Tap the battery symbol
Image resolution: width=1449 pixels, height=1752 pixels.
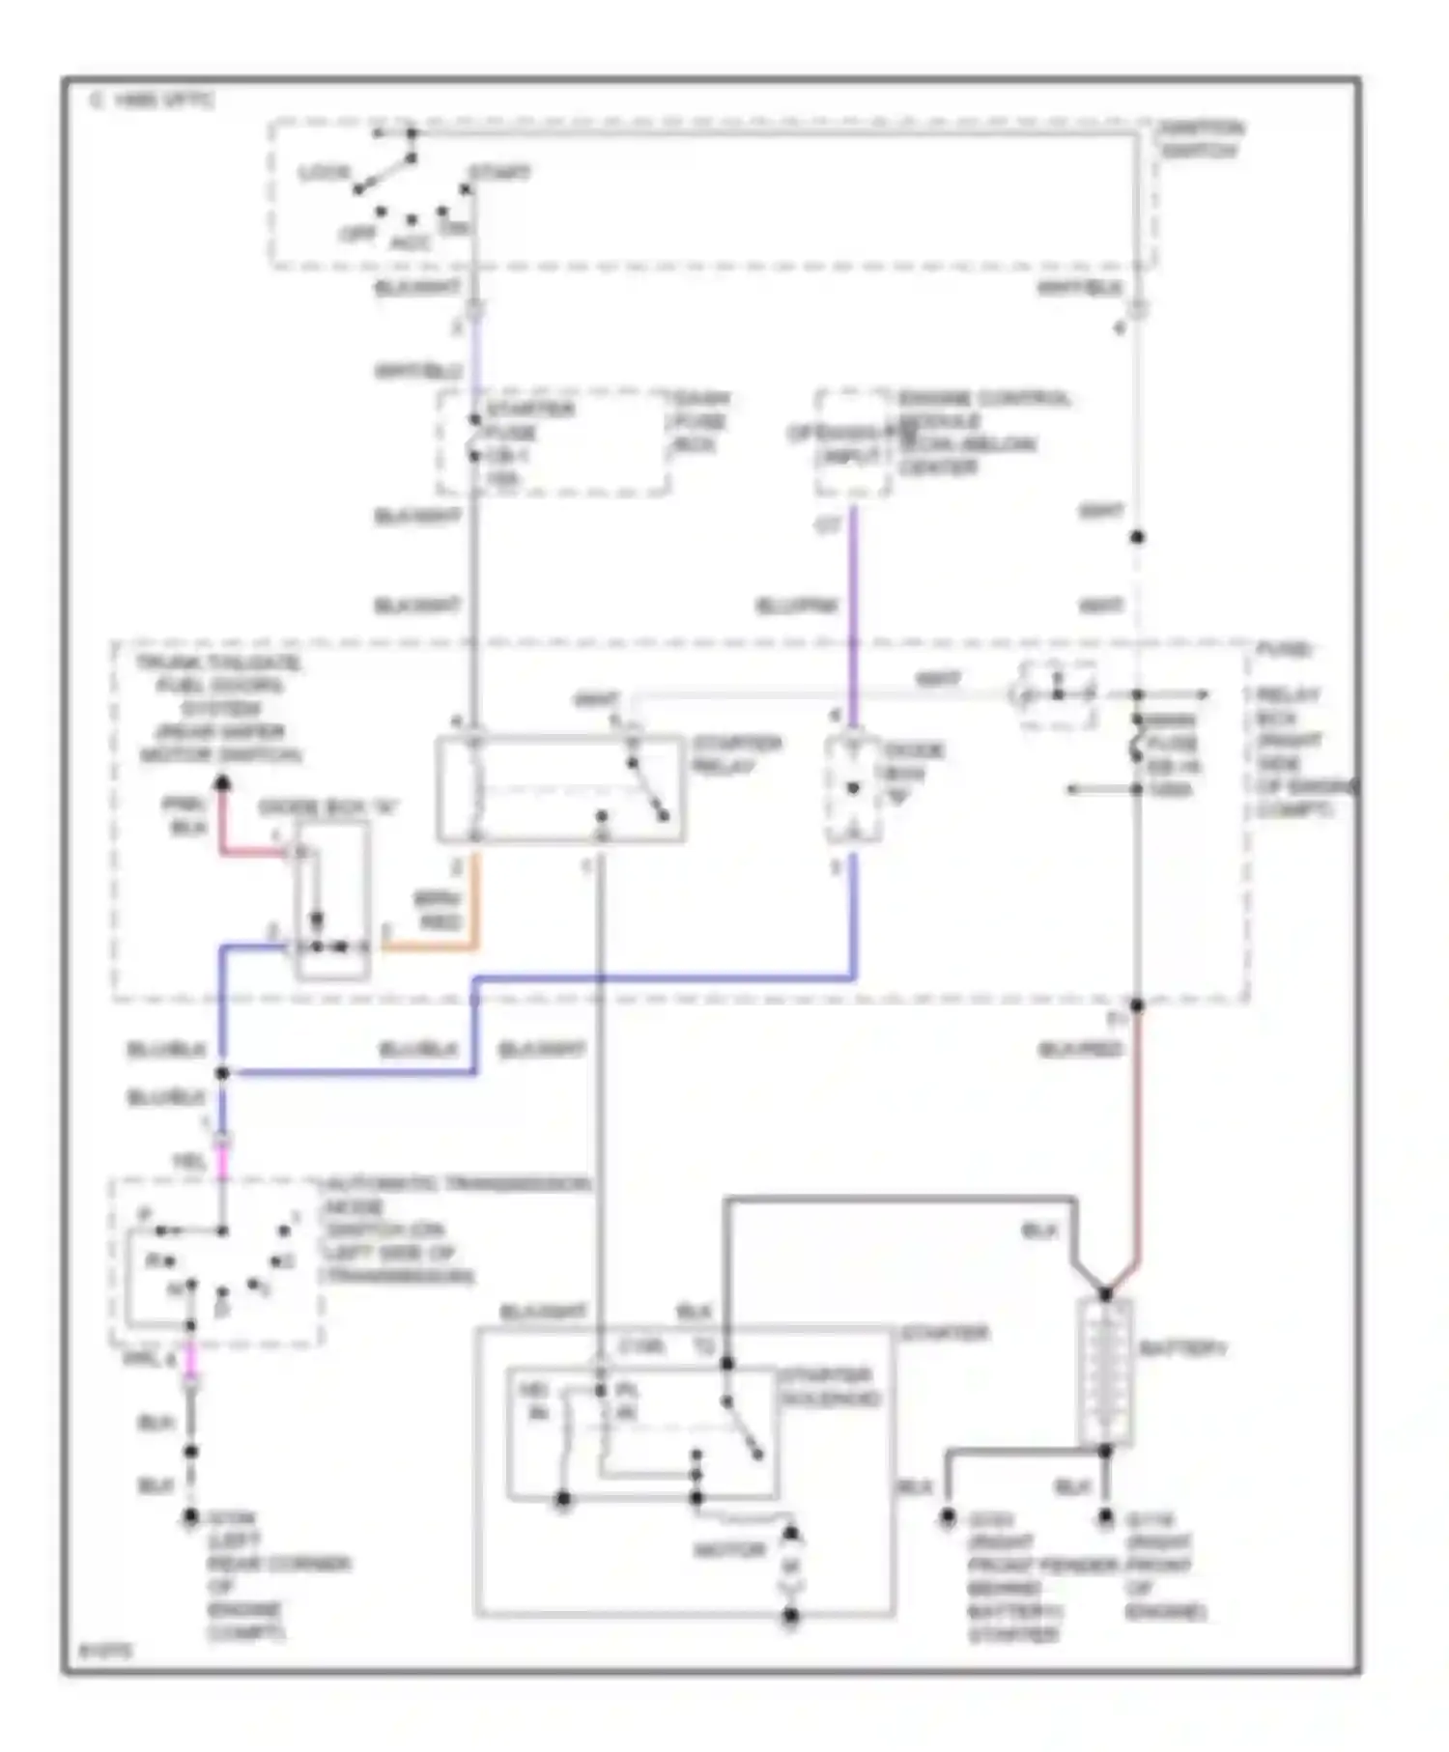[x=1104, y=1371]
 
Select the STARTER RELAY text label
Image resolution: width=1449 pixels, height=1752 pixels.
[x=736, y=754]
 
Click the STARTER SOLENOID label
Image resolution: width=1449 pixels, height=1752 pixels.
[x=829, y=1387]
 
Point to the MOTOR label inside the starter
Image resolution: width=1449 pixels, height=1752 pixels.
[x=729, y=1549]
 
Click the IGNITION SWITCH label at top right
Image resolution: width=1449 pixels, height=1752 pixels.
[x=1201, y=139]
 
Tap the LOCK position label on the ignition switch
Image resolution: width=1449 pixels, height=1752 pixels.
[x=324, y=173]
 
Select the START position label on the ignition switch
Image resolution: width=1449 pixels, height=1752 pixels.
[x=499, y=173]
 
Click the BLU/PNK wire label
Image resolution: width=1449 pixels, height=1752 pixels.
[x=796, y=607]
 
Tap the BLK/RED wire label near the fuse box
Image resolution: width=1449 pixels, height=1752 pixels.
[x=1080, y=1049]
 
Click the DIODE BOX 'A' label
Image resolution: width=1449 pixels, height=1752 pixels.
[x=328, y=807]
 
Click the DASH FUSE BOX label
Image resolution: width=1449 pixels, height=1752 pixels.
[x=701, y=421]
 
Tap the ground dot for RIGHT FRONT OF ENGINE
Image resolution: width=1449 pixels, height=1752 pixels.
[x=1105, y=1519]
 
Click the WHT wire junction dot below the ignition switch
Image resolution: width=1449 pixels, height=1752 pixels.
[x=1137, y=537]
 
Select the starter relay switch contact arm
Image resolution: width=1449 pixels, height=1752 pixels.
[x=649, y=789]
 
